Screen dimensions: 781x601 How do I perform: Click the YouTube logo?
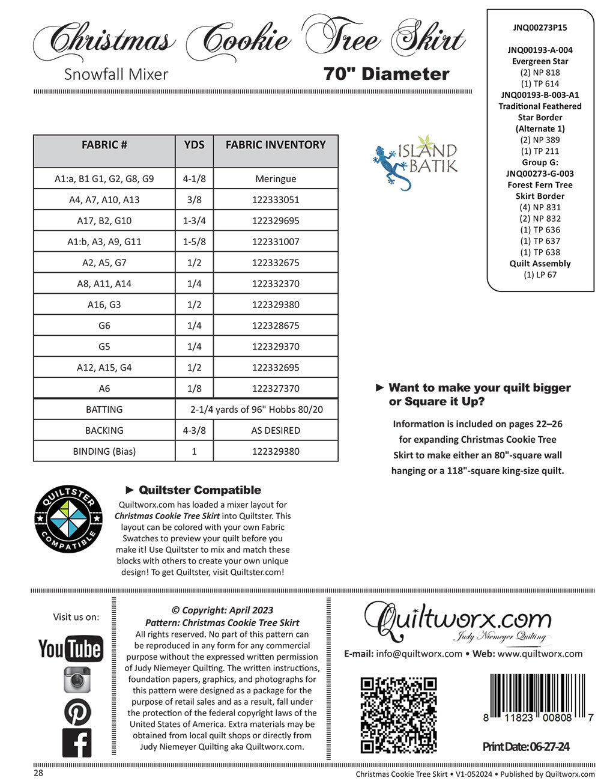click(x=70, y=649)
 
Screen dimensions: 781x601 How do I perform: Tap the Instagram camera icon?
click(x=77, y=680)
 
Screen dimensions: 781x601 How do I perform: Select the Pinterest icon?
click(x=77, y=712)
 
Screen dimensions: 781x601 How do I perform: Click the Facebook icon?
click(x=77, y=743)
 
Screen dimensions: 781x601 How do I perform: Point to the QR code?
click(x=398, y=715)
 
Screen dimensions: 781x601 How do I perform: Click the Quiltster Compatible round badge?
click(x=68, y=518)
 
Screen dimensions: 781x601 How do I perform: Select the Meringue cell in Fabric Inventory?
click(x=276, y=179)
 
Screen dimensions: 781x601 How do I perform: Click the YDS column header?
click(x=194, y=145)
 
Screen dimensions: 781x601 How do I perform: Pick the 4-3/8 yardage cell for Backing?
click(x=194, y=431)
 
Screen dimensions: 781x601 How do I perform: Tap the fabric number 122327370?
click(x=276, y=389)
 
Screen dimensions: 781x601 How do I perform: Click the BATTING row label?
click(x=104, y=410)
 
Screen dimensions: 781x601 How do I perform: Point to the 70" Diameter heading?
click(x=386, y=74)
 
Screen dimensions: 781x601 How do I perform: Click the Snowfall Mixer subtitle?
click(x=116, y=74)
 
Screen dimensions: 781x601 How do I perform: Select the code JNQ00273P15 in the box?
click(x=540, y=28)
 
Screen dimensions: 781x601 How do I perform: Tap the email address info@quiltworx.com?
click(x=419, y=654)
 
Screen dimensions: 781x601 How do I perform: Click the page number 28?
click(x=38, y=773)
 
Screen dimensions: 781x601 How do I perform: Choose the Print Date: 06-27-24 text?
click(x=526, y=747)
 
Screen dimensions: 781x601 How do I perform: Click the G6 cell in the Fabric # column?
click(x=104, y=326)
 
